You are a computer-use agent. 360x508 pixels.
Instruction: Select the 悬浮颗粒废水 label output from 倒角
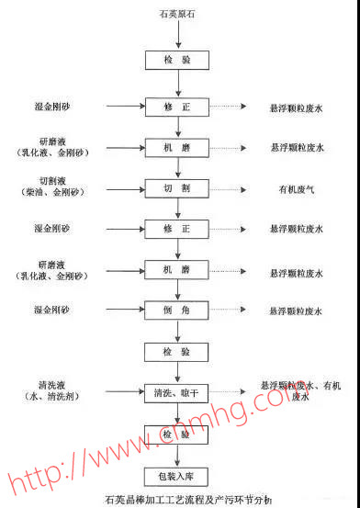[296, 311]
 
